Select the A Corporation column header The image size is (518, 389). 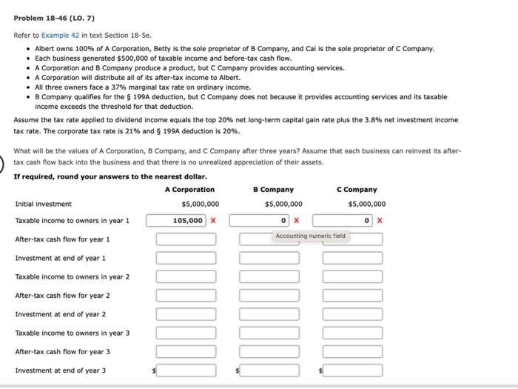click(x=189, y=190)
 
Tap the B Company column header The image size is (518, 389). click(x=273, y=190)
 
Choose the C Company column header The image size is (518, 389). click(x=357, y=190)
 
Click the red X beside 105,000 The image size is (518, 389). click(x=213, y=220)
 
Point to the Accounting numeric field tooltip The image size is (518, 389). click(x=310, y=236)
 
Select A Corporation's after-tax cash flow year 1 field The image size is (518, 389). click(x=186, y=239)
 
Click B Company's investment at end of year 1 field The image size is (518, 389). click(x=269, y=258)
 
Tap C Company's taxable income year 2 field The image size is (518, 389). click(x=352, y=276)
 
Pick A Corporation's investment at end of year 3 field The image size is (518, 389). click(x=186, y=370)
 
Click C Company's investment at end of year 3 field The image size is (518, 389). click(x=352, y=370)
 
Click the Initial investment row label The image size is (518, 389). click(x=44, y=204)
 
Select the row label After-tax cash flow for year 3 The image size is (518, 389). click(x=63, y=351)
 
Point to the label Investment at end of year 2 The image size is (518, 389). click(x=61, y=314)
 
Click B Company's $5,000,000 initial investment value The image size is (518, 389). click(x=283, y=204)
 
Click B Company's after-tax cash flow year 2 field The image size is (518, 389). click(x=269, y=295)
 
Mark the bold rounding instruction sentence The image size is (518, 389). click(x=110, y=176)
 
